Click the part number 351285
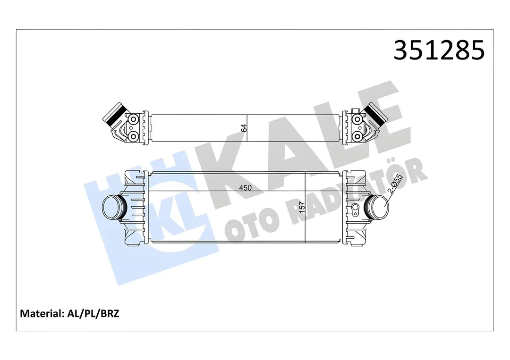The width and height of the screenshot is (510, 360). pos(439,50)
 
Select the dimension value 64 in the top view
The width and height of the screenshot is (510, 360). pos(244,127)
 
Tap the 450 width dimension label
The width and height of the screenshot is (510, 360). pos(245,188)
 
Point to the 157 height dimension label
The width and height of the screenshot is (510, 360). pos(302,207)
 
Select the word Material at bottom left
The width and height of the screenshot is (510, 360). pos(41,313)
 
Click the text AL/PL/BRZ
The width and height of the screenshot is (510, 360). pos(92,313)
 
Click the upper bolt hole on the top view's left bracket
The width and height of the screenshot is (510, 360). pos(134,118)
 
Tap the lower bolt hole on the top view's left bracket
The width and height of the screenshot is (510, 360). pos(134,136)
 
